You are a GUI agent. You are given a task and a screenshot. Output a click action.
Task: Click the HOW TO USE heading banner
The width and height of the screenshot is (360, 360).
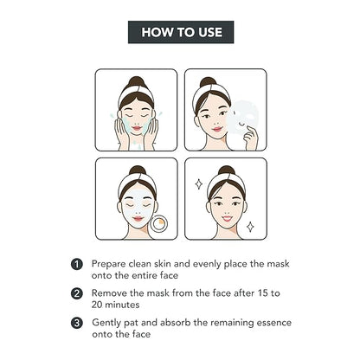point(181,32)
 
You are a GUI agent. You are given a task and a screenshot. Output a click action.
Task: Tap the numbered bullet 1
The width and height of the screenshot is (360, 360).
point(77,264)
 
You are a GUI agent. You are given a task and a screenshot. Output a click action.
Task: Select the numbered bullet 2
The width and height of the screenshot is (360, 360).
point(77,293)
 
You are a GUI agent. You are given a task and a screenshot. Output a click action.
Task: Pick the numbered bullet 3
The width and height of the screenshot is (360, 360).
point(77,323)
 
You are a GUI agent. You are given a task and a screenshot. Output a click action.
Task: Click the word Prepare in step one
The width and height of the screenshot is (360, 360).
point(109,264)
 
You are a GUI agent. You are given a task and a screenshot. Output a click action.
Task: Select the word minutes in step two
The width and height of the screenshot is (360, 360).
point(122,305)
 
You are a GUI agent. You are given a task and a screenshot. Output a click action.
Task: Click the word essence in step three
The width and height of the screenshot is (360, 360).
point(274,323)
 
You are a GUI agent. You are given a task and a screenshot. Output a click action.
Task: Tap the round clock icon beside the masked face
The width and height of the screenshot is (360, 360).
point(159,224)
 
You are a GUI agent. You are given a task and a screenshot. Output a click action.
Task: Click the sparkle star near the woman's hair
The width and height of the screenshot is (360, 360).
point(199,184)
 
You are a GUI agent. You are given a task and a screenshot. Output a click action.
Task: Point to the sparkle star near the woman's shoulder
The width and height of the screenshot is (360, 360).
point(250,227)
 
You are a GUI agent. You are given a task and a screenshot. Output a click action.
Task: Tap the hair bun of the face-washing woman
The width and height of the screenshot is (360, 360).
point(136,82)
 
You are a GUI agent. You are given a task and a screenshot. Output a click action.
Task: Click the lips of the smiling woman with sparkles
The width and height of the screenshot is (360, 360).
point(227,218)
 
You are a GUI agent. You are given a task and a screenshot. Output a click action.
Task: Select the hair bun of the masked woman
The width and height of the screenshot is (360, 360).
point(138,170)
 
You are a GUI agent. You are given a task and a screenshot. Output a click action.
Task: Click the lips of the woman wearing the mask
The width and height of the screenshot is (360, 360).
point(138,219)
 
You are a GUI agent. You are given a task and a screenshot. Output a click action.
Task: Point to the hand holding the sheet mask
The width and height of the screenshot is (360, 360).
point(250,138)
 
